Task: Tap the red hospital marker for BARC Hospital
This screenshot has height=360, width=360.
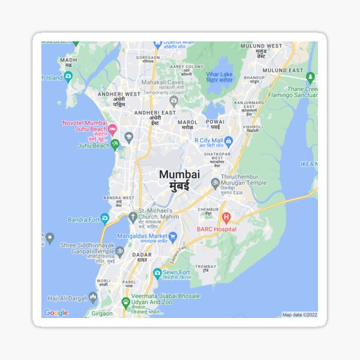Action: coord(226,218)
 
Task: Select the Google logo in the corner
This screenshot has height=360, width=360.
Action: coord(56,313)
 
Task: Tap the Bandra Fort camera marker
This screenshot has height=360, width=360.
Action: coord(105,218)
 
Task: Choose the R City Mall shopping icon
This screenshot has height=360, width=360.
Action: coord(228,140)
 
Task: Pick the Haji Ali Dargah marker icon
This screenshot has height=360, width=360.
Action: coord(92,297)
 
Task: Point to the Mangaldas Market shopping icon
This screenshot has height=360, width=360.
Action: coord(173,236)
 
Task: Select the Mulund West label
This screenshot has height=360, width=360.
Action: coord(261,46)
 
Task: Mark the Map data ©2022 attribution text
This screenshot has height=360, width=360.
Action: coord(299,314)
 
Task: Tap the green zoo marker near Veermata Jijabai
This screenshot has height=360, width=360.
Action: coord(126,302)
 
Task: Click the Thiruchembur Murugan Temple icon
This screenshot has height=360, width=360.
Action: coord(215,183)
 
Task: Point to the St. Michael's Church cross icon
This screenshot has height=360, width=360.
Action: coord(133,216)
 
